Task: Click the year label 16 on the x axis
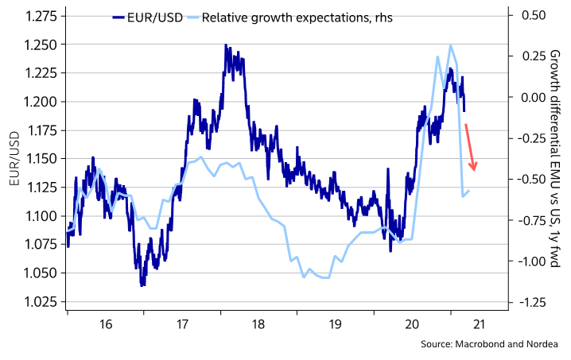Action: [105, 323]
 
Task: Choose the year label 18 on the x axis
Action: [258, 323]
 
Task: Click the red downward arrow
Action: [471, 148]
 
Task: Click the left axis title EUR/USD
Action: [14, 159]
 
